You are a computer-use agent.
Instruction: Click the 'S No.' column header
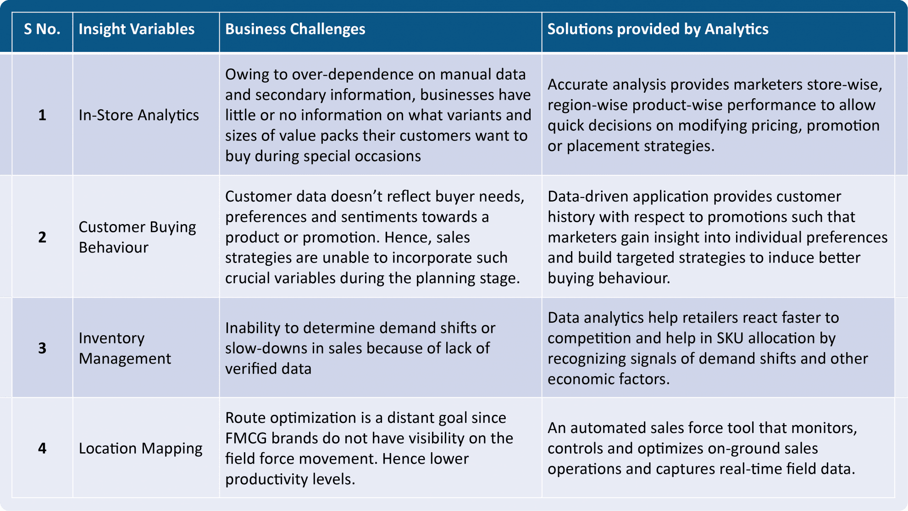tap(42, 29)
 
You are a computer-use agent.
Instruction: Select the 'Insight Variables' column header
tap(136, 29)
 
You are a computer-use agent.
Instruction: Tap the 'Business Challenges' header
tap(295, 29)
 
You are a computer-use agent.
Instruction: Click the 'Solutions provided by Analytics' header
tap(658, 29)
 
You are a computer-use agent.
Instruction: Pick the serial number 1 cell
tap(42, 115)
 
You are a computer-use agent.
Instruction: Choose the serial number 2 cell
tap(42, 237)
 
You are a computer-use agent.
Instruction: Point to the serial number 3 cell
tap(42, 348)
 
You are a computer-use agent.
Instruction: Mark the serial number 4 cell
tap(42, 448)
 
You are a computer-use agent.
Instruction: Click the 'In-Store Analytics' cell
tap(138, 115)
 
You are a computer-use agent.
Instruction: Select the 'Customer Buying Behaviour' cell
tap(137, 237)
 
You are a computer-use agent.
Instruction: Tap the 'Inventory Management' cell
tap(125, 348)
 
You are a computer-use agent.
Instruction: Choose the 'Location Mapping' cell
tap(140, 448)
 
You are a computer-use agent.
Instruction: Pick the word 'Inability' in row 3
tap(253, 328)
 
